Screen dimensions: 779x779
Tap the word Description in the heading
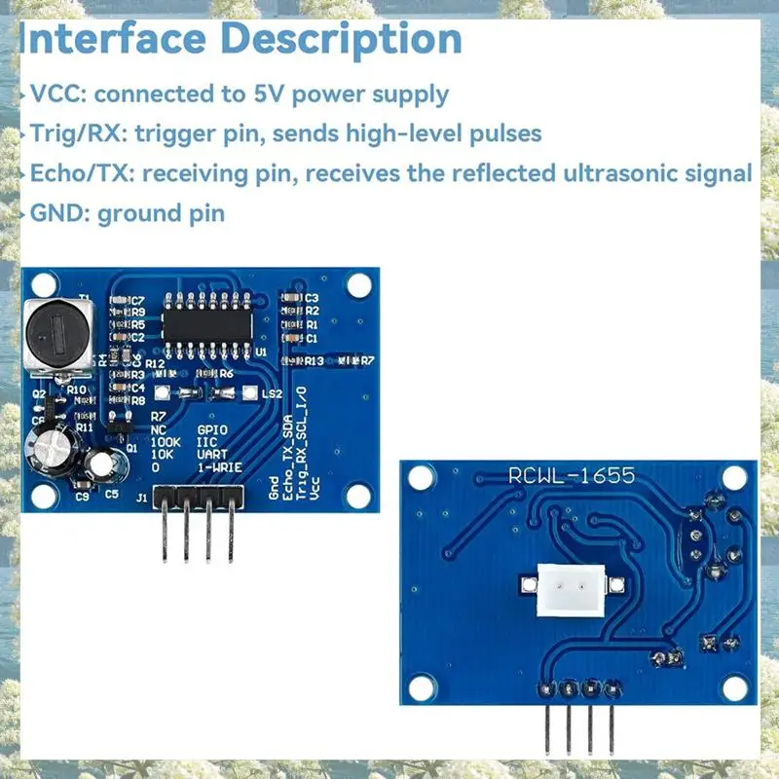click(357, 40)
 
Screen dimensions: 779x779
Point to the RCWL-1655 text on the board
click(572, 475)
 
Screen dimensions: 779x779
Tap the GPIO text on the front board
click(213, 428)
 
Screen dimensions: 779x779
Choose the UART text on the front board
click(213, 454)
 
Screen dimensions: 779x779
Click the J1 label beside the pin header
click(142, 498)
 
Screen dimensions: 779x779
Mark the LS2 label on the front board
click(273, 393)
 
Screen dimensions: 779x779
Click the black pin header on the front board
click(199, 500)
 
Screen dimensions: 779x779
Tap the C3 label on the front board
click(313, 298)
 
